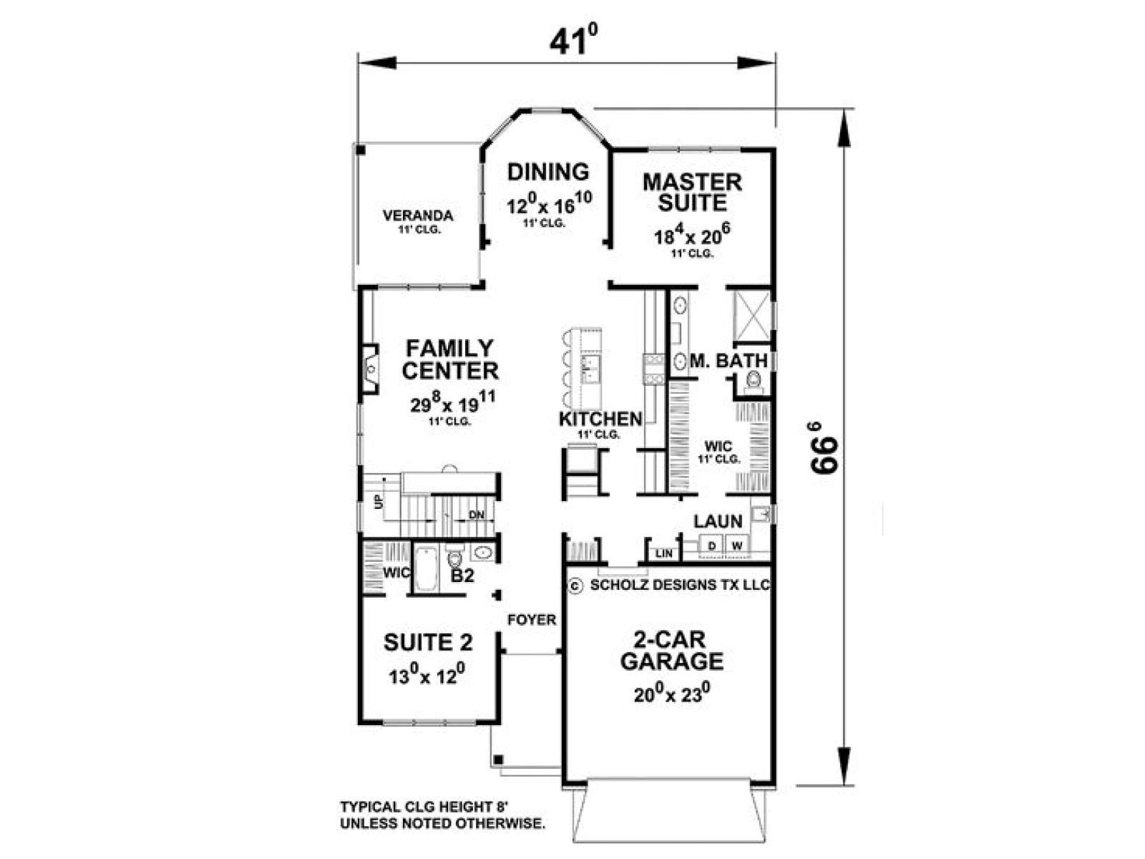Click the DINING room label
click(x=548, y=172)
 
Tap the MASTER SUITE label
click(x=692, y=193)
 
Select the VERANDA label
click(x=418, y=215)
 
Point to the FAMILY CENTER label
click(x=450, y=359)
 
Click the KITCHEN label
click(x=600, y=418)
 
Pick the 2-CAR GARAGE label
click(x=672, y=651)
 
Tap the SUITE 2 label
click(x=428, y=643)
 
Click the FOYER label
click(x=532, y=620)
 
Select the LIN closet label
click(x=664, y=553)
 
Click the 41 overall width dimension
click(x=573, y=41)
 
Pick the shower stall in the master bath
click(x=751, y=316)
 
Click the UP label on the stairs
click(x=379, y=502)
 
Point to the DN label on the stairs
click(x=477, y=515)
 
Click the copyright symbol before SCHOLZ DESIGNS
click(x=575, y=586)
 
